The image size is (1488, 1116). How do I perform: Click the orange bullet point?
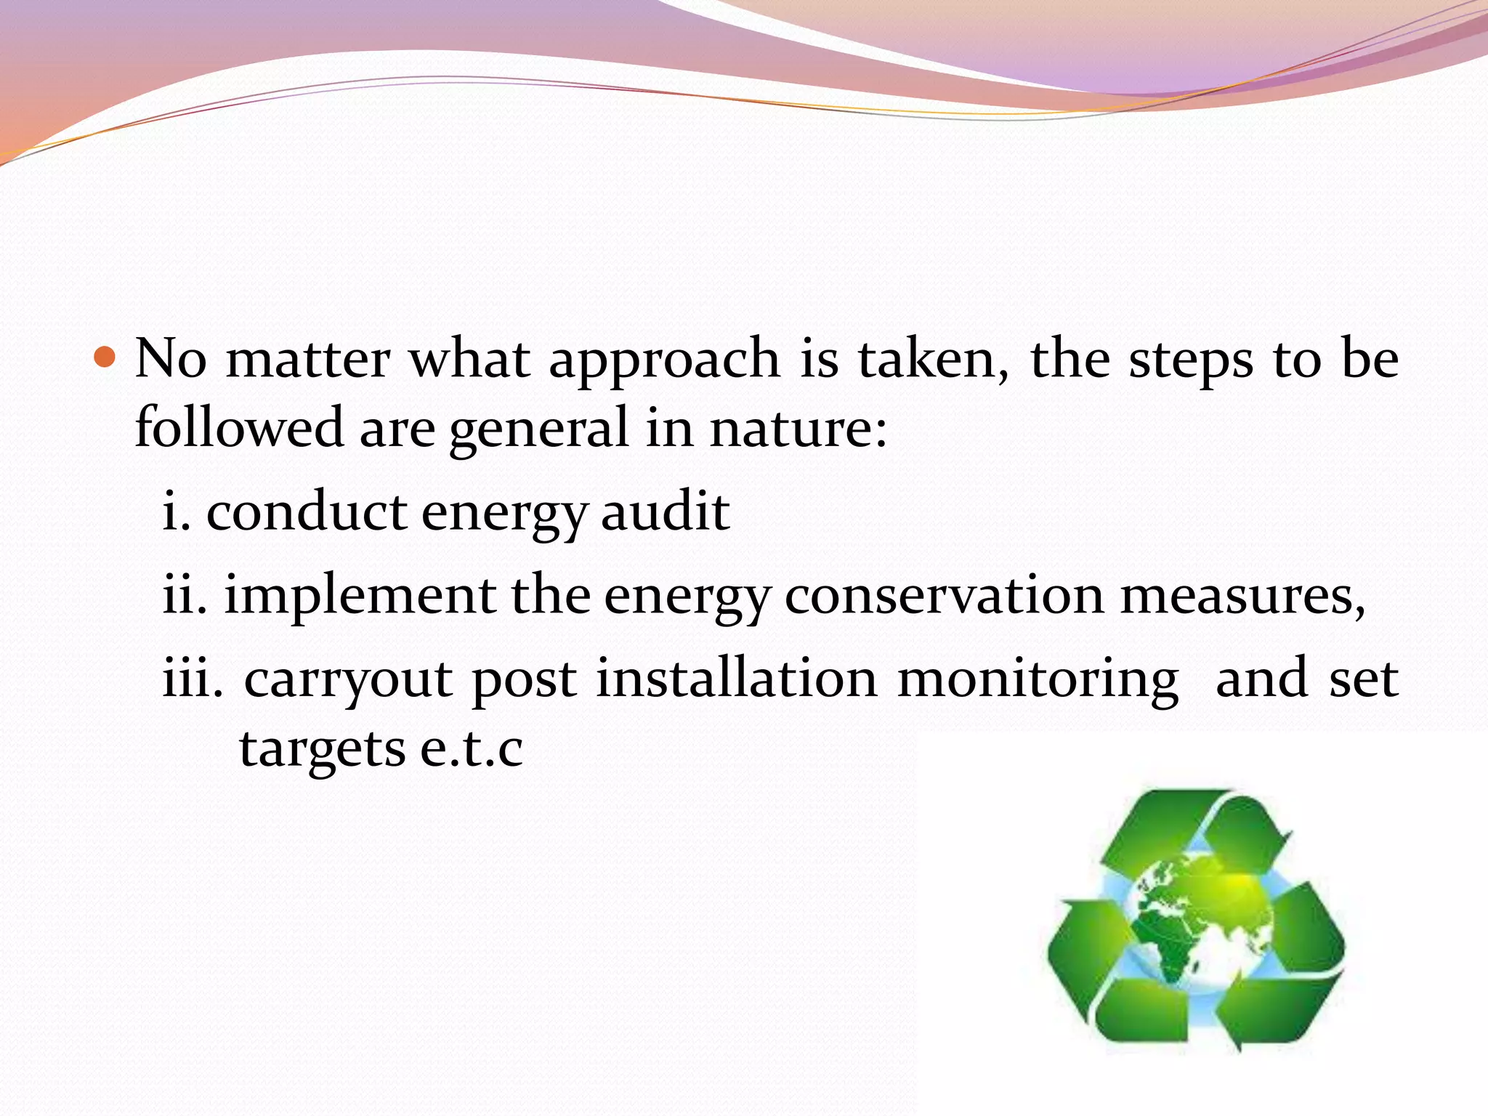pos(105,357)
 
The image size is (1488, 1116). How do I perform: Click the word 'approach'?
pos(664,360)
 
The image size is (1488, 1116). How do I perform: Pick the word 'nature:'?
pos(798,429)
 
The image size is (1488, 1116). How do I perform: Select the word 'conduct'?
pos(306,511)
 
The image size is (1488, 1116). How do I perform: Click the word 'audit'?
pos(665,511)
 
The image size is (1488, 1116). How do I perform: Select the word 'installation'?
pos(737,679)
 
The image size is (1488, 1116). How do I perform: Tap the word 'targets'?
pos(322,750)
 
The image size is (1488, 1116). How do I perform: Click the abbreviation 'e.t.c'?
pos(472,748)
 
